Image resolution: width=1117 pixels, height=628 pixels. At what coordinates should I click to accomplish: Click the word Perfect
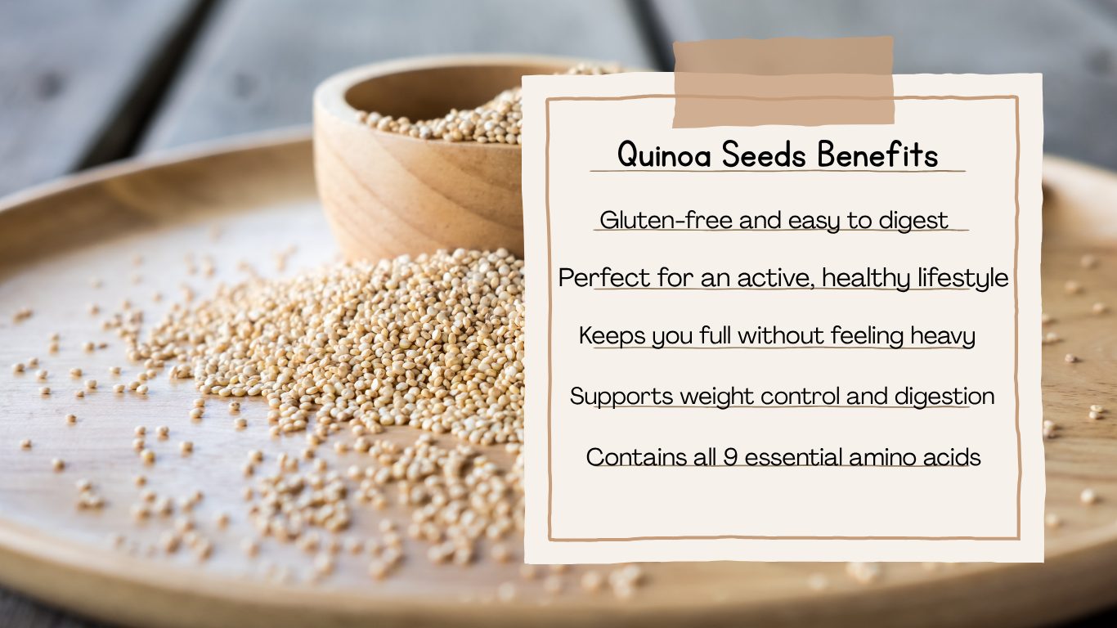tap(593, 279)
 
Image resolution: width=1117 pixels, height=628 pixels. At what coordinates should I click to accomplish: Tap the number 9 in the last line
tap(730, 457)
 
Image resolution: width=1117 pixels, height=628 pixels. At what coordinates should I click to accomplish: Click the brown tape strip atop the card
tap(783, 82)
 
